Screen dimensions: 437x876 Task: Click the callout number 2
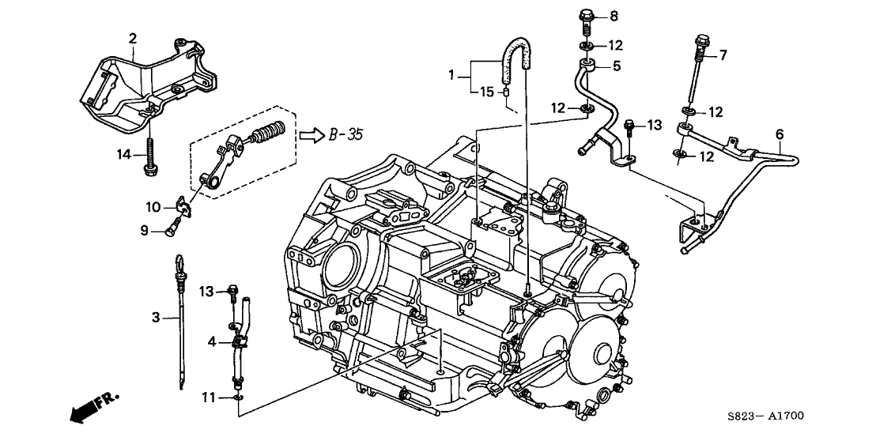[x=133, y=38]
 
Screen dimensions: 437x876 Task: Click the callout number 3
[x=156, y=318]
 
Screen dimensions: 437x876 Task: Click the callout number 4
[x=212, y=341]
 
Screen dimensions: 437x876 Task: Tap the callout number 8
[x=614, y=16]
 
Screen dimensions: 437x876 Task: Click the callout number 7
[x=720, y=55]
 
